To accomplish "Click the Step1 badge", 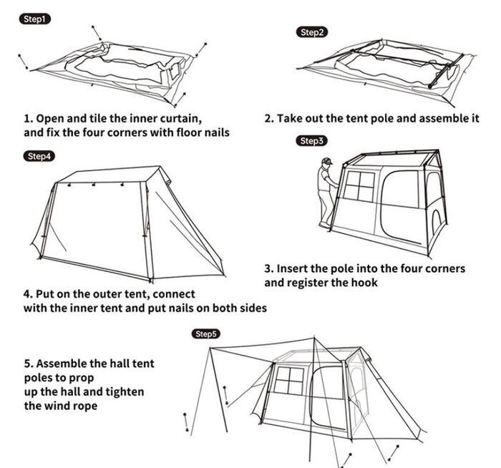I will pos(34,19).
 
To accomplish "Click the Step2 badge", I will pos(312,32).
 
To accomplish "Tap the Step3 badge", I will pos(311,141).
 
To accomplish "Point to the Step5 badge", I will pos(206,333).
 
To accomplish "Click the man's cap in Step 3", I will pos(327,161).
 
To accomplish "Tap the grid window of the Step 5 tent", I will pos(290,379).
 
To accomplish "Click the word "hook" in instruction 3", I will pos(364,283).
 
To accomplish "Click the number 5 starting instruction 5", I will pos(27,364).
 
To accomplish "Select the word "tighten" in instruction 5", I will pos(125,391).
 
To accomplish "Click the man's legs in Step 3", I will pos(326,208).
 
